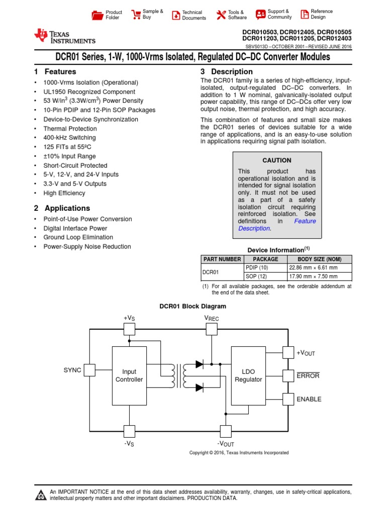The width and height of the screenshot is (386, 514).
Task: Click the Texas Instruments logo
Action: tap(64, 37)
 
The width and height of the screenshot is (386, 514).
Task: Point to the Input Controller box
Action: tap(129, 375)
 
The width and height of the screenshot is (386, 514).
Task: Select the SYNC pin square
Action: tap(89, 370)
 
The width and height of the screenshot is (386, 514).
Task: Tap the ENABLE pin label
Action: tap(309, 399)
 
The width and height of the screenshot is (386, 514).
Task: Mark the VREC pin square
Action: tap(212, 329)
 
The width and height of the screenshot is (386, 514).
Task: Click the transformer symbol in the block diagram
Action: tap(179, 375)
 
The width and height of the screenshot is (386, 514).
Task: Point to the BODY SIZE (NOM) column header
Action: tap(319, 259)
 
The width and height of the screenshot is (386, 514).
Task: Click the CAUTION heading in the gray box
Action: tap(277, 161)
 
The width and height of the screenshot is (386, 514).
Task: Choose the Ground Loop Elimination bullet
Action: tap(78, 237)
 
